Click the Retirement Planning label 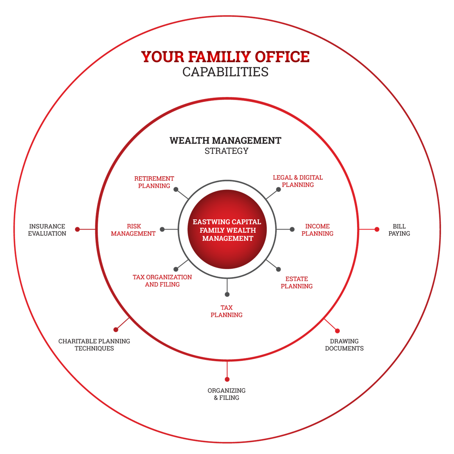coord(154,182)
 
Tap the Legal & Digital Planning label coord(298,181)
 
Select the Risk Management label coord(133,230)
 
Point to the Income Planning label coord(317,230)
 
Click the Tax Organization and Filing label coord(162,281)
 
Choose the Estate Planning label coord(297,282)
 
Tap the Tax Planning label coord(227,311)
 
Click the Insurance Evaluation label coord(47,230)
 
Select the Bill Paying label coord(399,230)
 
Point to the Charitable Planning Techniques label coord(94,344)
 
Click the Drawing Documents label coord(344,344)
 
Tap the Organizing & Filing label coord(227,394)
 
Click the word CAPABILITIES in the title coord(225,72)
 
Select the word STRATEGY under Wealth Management coord(227,151)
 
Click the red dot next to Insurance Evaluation coord(77,229)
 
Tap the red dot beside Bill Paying coord(377,229)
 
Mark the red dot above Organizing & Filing coord(227,379)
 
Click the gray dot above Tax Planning coord(227,294)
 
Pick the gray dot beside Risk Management coord(162,229)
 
